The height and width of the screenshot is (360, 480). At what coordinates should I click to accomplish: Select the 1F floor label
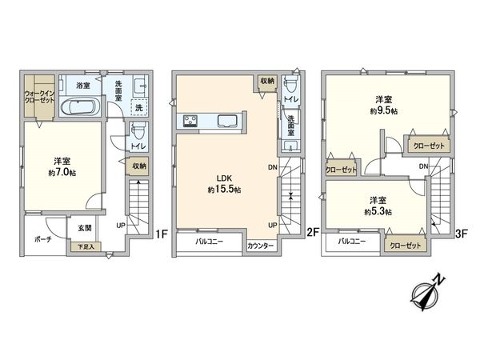(x=160, y=234)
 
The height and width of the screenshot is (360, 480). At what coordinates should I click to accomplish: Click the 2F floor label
(x=314, y=234)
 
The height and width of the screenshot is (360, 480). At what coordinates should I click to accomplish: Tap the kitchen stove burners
(x=193, y=122)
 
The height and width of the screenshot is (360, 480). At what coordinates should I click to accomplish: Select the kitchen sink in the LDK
(x=226, y=122)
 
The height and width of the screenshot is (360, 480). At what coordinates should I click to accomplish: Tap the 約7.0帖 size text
(x=62, y=172)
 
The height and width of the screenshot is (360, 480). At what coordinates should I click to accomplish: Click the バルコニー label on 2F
(x=206, y=241)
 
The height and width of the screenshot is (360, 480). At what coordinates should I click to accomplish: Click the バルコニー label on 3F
(x=352, y=241)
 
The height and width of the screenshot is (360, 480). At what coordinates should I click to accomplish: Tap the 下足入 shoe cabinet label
(x=85, y=246)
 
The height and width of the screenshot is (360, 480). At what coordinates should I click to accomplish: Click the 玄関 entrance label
(x=84, y=228)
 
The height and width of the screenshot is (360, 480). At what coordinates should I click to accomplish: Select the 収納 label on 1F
(x=139, y=166)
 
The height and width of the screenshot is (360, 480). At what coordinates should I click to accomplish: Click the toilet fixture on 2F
(x=291, y=86)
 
